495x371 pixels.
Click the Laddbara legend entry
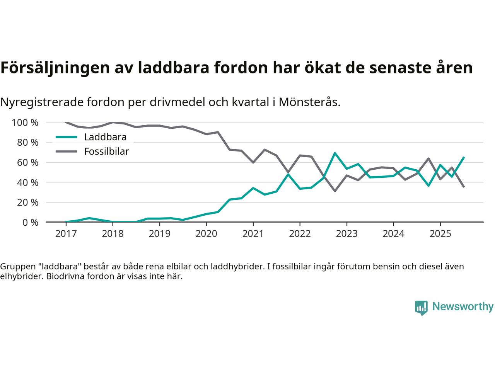point(105,137)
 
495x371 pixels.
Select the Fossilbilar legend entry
point(106,151)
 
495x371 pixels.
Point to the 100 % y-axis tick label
point(25,123)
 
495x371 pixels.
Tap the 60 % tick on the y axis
point(27,162)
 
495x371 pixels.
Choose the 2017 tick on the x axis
point(66,234)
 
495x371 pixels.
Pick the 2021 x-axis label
point(253,234)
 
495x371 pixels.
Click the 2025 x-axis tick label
point(440,234)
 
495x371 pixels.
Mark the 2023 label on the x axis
point(346,234)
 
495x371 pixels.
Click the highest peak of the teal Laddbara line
point(335,153)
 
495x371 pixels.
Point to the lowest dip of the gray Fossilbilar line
point(335,191)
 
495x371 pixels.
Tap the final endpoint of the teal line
point(464,157)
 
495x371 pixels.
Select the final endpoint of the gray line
point(464,187)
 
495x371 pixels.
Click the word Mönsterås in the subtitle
point(309,102)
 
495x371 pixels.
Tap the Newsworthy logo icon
point(421,308)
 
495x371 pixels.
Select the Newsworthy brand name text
point(463,307)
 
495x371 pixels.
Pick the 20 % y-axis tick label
point(27,202)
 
